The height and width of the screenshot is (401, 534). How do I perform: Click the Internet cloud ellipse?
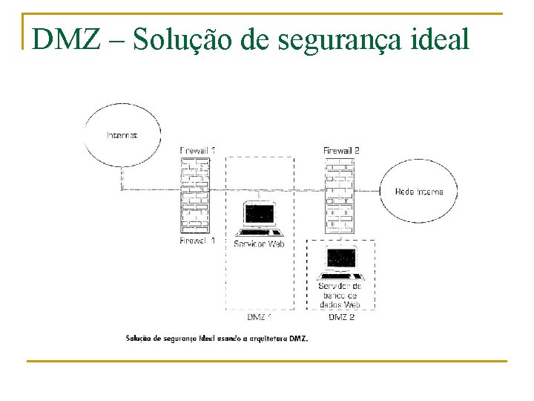(122, 135)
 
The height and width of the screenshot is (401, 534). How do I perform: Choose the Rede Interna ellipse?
(419, 192)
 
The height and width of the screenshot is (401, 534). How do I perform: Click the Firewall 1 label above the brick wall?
(197, 151)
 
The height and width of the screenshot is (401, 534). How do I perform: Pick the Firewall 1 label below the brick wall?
(197, 241)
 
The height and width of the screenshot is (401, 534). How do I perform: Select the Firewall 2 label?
(341, 151)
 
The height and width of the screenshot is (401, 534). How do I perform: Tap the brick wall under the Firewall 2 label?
(340, 195)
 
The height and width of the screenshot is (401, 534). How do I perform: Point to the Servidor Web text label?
(259, 244)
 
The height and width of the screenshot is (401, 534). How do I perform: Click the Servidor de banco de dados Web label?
(340, 295)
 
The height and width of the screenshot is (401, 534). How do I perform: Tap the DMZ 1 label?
(260, 318)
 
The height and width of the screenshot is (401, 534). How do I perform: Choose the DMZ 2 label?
(341, 318)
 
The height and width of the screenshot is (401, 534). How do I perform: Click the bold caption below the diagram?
(216, 339)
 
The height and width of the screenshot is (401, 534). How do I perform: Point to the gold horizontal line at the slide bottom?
(266, 362)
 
